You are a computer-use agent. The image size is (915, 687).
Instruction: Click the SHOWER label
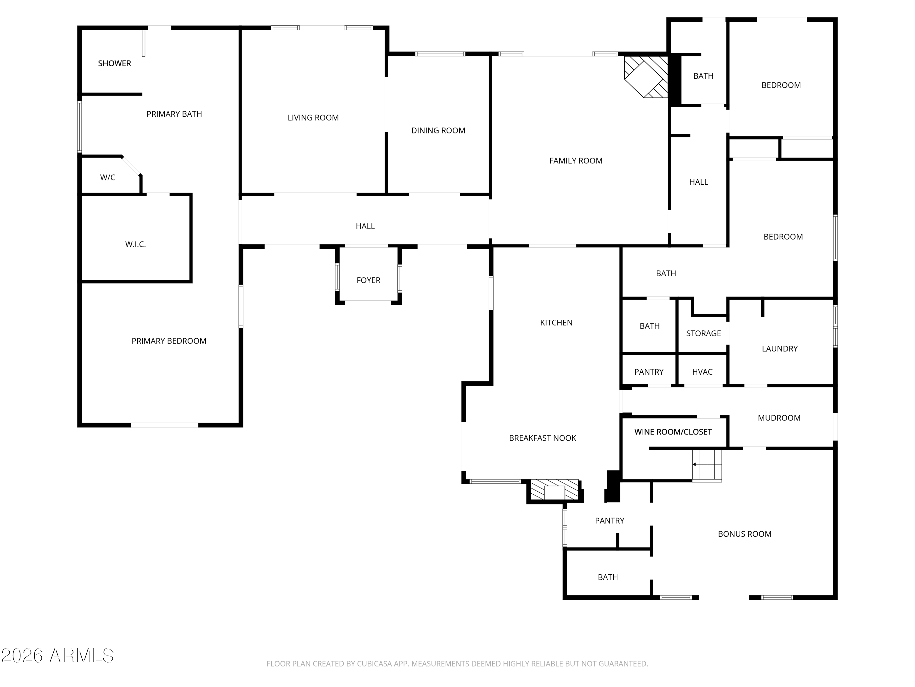[115, 64]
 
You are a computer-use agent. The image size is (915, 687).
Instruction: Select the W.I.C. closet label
[136, 244]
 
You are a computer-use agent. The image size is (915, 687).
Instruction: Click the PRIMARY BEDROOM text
[169, 341]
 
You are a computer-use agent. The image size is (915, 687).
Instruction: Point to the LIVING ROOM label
[313, 118]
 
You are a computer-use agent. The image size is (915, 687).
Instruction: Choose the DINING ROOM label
[438, 130]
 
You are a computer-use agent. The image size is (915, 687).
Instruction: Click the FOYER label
[368, 280]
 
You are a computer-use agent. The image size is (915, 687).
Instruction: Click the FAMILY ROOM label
[576, 161]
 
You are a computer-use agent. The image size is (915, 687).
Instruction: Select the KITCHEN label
[556, 323]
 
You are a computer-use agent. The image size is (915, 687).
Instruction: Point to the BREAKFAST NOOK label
[542, 438]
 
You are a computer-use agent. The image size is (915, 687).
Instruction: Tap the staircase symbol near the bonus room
[707, 465]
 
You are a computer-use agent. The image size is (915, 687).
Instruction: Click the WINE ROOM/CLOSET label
[673, 432]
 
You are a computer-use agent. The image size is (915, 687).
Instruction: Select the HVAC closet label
[702, 372]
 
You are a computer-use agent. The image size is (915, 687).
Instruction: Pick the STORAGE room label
[703, 333]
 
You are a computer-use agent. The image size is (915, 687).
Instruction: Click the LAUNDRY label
[780, 349]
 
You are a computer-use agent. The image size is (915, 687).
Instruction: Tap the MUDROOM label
[779, 418]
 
